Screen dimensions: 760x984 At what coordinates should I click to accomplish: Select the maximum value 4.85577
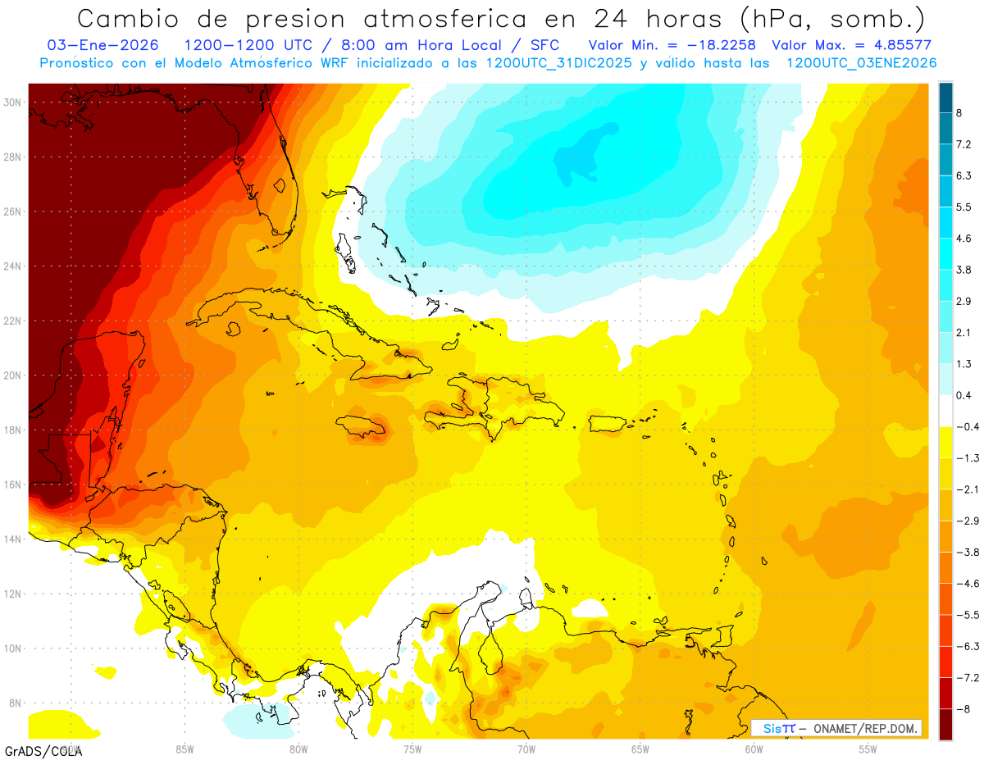coord(895,45)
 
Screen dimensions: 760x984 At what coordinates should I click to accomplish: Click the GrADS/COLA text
coord(43,750)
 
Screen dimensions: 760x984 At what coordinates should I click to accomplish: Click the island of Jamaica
coord(361,426)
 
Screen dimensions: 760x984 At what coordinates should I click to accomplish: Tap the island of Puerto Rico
coord(608,423)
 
